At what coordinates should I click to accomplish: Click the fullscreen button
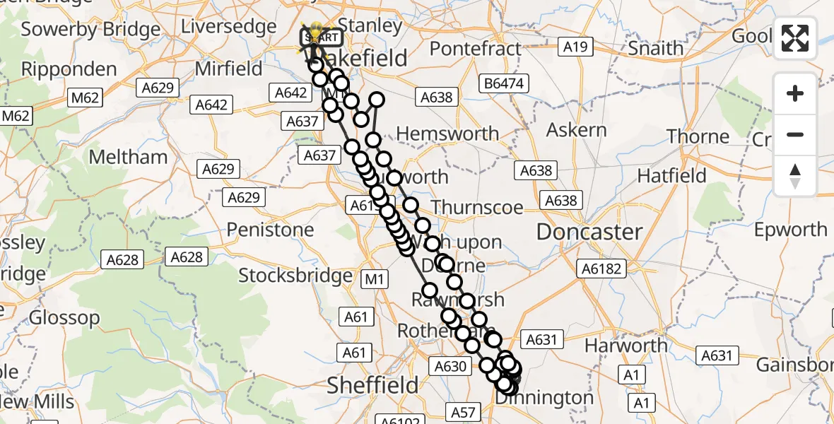(795, 37)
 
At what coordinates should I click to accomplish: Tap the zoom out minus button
(795, 134)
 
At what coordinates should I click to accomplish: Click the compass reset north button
(795, 176)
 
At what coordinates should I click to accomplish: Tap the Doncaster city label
(589, 232)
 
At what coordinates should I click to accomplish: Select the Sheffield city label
(372, 385)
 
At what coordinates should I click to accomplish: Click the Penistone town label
(270, 230)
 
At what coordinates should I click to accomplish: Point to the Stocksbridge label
(295, 275)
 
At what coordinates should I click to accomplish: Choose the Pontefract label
(475, 49)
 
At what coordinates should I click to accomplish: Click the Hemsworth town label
(447, 134)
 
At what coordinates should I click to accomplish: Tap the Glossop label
(54, 318)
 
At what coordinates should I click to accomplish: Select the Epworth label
(790, 230)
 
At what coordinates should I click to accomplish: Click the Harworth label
(626, 346)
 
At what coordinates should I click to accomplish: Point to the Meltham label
(127, 156)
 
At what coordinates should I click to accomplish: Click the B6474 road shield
(504, 84)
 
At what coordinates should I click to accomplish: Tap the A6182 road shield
(601, 269)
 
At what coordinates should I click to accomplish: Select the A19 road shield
(575, 47)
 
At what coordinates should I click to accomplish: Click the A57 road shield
(464, 411)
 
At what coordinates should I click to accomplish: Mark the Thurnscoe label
(477, 207)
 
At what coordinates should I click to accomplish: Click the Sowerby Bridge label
(90, 30)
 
